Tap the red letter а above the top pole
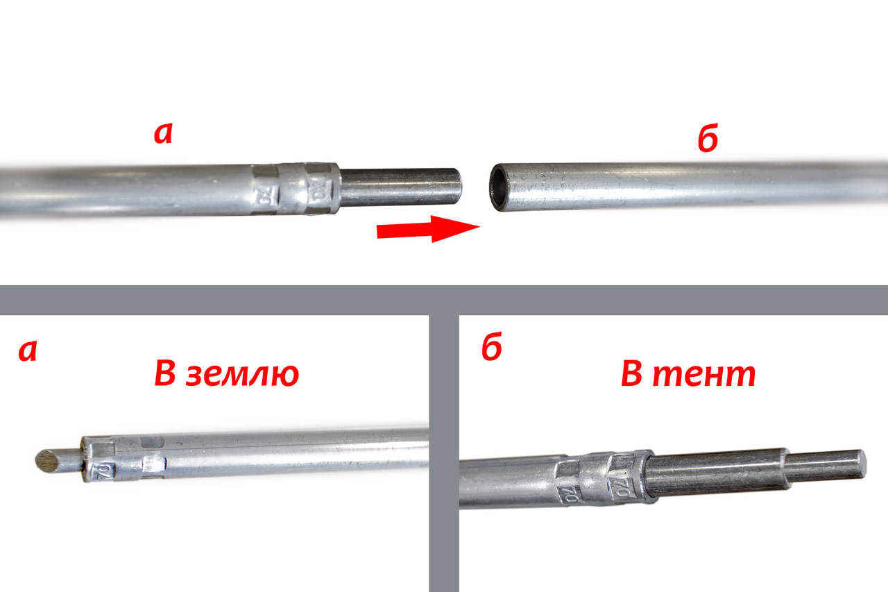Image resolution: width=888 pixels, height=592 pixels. [x=163, y=134]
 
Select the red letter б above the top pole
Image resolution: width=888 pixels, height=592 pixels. [x=707, y=140]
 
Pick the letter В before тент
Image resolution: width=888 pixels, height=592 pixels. [x=632, y=375]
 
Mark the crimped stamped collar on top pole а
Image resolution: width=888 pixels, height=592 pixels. [x=295, y=189]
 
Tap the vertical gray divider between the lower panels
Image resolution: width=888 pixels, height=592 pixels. [x=444, y=451]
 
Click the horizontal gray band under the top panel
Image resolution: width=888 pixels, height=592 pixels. [x=444, y=299]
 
